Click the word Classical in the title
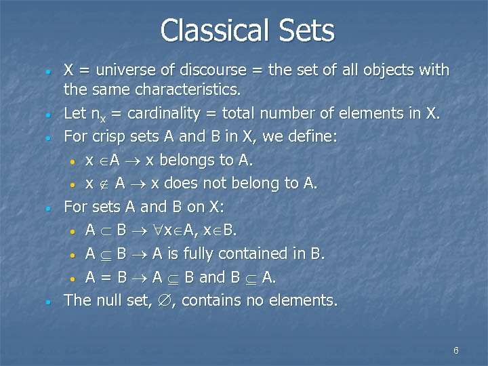click(x=209, y=30)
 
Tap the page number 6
click(x=456, y=350)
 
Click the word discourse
click(x=207, y=70)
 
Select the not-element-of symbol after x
click(x=103, y=184)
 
